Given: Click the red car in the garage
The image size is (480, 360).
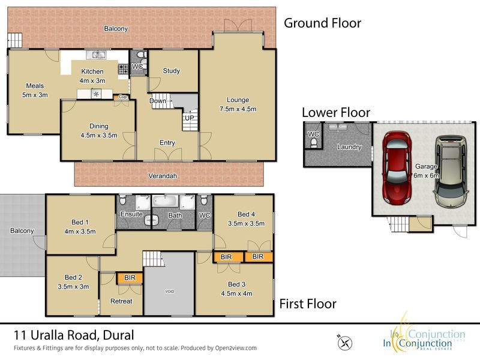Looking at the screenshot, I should tap(395, 166).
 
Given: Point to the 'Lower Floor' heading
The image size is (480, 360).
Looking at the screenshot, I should tap(335, 112).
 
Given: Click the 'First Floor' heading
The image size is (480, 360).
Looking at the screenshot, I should tap(308, 304).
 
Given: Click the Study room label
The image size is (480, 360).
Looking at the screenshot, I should tap(172, 71).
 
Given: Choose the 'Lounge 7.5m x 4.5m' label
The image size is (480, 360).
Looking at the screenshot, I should tap(238, 104).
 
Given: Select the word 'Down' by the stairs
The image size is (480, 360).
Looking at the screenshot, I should tap(158, 101).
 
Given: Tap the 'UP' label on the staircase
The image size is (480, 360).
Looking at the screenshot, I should tap(189, 118).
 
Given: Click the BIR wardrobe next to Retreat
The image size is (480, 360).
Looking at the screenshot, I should tap(129, 278).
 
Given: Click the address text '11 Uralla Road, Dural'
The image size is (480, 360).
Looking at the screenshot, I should tap(74, 335).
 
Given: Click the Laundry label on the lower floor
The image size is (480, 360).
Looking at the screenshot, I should tap(349, 146).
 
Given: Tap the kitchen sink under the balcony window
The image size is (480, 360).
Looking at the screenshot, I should tap(95, 56).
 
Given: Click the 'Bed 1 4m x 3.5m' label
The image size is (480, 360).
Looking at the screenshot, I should tap(80, 227).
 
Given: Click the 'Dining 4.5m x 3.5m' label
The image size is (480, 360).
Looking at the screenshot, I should tap(99, 130).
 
